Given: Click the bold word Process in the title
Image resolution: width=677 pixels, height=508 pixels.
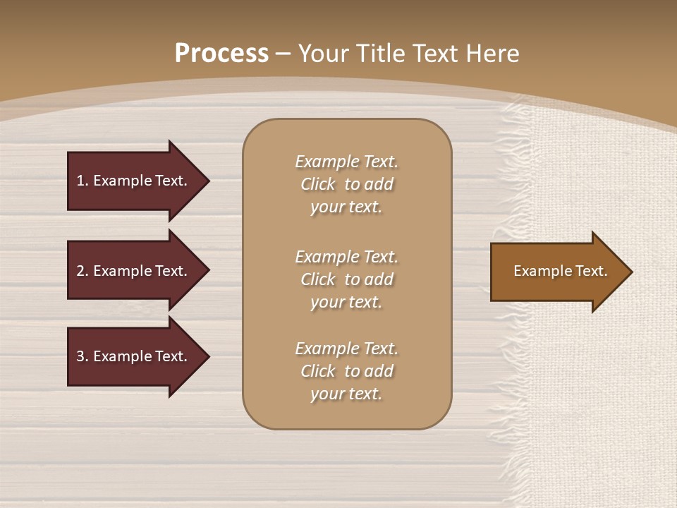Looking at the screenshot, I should [x=221, y=54].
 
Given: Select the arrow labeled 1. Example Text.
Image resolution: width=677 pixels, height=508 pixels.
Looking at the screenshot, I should [x=132, y=181].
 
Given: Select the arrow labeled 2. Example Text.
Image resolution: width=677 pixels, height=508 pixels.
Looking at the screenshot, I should [x=132, y=271].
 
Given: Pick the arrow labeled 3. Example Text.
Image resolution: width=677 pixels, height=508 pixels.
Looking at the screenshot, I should [x=132, y=356].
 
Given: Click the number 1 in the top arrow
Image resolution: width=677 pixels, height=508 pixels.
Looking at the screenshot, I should [x=80, y=181].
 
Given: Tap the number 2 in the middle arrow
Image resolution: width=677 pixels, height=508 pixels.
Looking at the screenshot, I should [x=80, y=271].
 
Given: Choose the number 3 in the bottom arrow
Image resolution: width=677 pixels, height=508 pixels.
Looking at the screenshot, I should [x=80, y=356].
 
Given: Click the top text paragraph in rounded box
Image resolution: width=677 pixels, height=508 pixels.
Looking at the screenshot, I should [x=346, y=184].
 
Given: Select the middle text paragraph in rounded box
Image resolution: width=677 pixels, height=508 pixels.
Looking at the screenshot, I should [x=346, y=279].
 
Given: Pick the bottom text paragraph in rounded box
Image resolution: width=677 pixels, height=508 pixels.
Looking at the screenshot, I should [x=346, y=371].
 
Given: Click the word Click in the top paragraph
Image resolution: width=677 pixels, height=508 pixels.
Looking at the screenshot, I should [x=317, y=184].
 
